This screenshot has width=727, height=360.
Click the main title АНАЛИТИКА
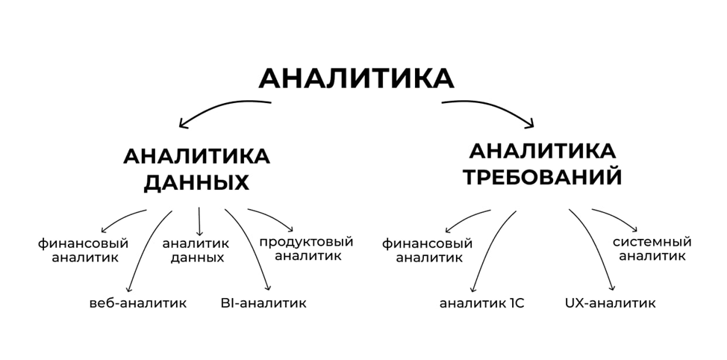tap(356, 78)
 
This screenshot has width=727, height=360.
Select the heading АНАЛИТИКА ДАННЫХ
tap(196, 170)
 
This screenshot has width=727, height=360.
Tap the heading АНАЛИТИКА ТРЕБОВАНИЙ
tap(543, 164)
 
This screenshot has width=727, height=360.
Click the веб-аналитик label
tap(137, 303)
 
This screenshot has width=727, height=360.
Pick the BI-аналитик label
tap(263, 303)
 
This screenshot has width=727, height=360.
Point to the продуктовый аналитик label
tap(306, 249)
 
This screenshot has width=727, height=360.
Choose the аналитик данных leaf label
tap(196, 251)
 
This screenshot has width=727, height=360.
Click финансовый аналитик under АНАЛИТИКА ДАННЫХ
tap(84, 251)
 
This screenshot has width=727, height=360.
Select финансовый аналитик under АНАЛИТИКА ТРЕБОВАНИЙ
tap(428, 251)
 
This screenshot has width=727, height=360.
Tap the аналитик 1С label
tap(481, 303)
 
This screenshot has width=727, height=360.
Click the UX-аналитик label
tap(611, 303)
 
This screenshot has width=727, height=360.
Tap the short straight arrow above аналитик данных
tap(200, 221)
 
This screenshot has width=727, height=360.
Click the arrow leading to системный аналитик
tap(616, 217)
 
